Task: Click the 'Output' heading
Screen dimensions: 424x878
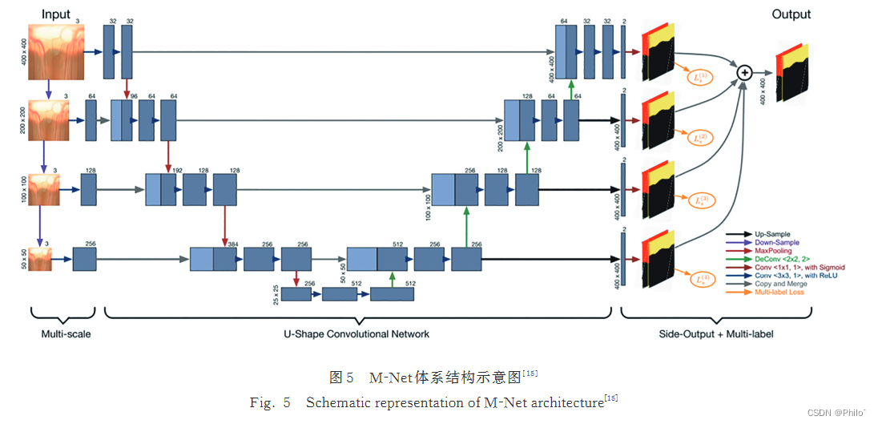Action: click(x=791, y=14)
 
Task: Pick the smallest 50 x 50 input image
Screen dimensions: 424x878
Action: click(x=40, y=259)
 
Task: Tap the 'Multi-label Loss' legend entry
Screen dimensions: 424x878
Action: click(x=779, y=293)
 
